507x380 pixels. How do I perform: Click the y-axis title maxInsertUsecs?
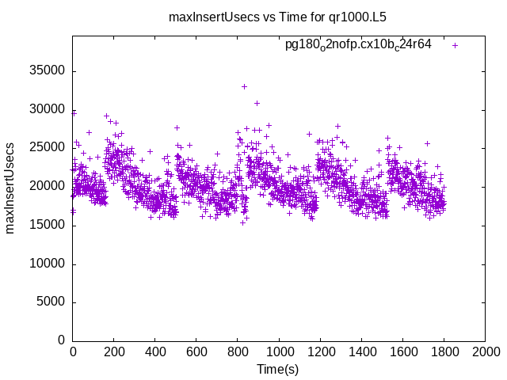point(10,188)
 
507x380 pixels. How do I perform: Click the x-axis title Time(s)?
point(277,370)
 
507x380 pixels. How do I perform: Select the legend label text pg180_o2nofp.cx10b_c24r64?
point(358,45)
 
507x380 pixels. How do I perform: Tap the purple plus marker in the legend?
point(455,45)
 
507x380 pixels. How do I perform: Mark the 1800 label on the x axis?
point(444,351)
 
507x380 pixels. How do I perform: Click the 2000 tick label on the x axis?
point(485,351)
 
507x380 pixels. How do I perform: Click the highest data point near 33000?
point(244,86)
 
